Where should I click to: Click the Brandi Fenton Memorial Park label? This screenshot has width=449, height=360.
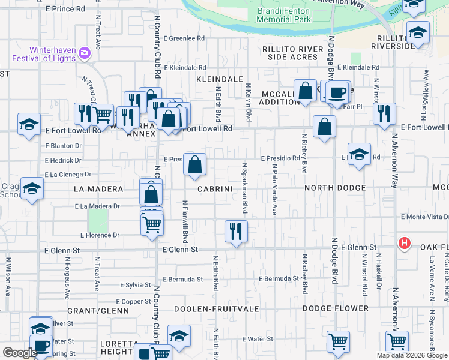pyautogui.click(x=284, y=15)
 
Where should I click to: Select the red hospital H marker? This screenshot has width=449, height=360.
pyautogui.click(x=405, y=243)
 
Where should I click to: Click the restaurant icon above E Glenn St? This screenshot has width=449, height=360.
pyautogui.click(x=236, y=230)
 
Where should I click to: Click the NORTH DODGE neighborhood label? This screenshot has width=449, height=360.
pyautogui.click(x=335, y=188)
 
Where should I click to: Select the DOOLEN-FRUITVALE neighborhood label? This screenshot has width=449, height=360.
pyautogui.click(x=216, y=309)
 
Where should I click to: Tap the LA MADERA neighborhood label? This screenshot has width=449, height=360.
pyautogui.click(x=98, y=189)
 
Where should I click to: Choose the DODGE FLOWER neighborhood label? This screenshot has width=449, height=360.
pyautogui.click(x=336, y=309)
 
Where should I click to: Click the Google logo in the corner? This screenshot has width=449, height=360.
pyautogui.click(x=19, y=353)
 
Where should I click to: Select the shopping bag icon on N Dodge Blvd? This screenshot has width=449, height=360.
pyautogui.click(x=324, y=126)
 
